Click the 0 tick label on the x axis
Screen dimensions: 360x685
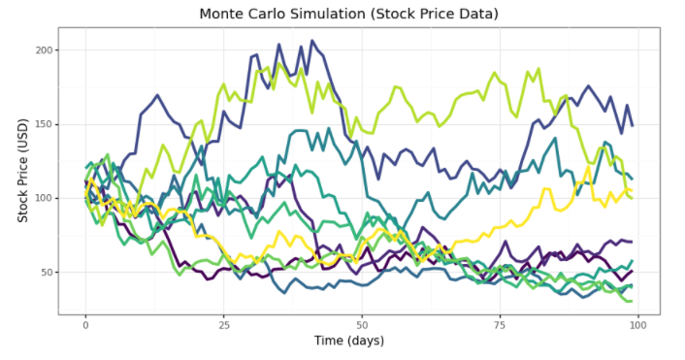85,324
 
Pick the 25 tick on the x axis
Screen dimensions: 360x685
224,324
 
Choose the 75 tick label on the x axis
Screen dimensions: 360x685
501,324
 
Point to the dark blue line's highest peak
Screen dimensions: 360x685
311,42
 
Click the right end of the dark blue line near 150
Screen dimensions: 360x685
633,125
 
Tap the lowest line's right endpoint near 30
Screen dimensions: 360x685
632,301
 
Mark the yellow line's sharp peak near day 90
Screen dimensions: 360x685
588,167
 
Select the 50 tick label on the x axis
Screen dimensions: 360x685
362,324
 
